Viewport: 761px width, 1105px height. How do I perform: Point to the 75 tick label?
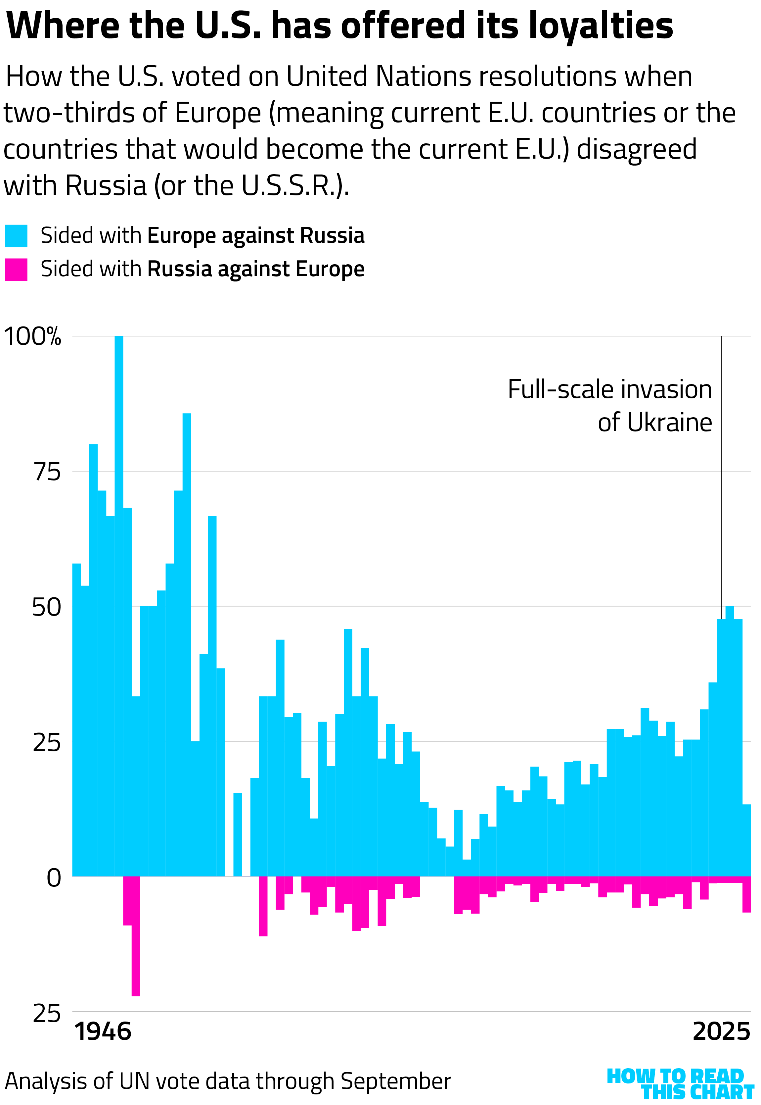point(47,472)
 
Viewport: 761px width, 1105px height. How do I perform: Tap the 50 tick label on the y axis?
point(46,607)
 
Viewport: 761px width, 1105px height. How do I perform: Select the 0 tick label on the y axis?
point(54,878)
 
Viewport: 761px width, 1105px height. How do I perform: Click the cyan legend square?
point(16,236)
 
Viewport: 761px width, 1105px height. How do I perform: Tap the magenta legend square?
point(16,269)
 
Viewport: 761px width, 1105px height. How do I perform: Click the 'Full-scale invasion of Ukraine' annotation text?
point(609,406)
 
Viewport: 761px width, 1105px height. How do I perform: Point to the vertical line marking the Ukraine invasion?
point(721,477)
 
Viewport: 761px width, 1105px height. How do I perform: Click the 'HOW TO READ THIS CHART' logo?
point(680,1083)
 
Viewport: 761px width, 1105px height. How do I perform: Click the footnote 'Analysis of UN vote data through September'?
point(228,1081)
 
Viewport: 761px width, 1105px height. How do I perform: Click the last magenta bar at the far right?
point(747,895)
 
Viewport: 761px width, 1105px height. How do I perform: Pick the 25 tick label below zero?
point(47,1013)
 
